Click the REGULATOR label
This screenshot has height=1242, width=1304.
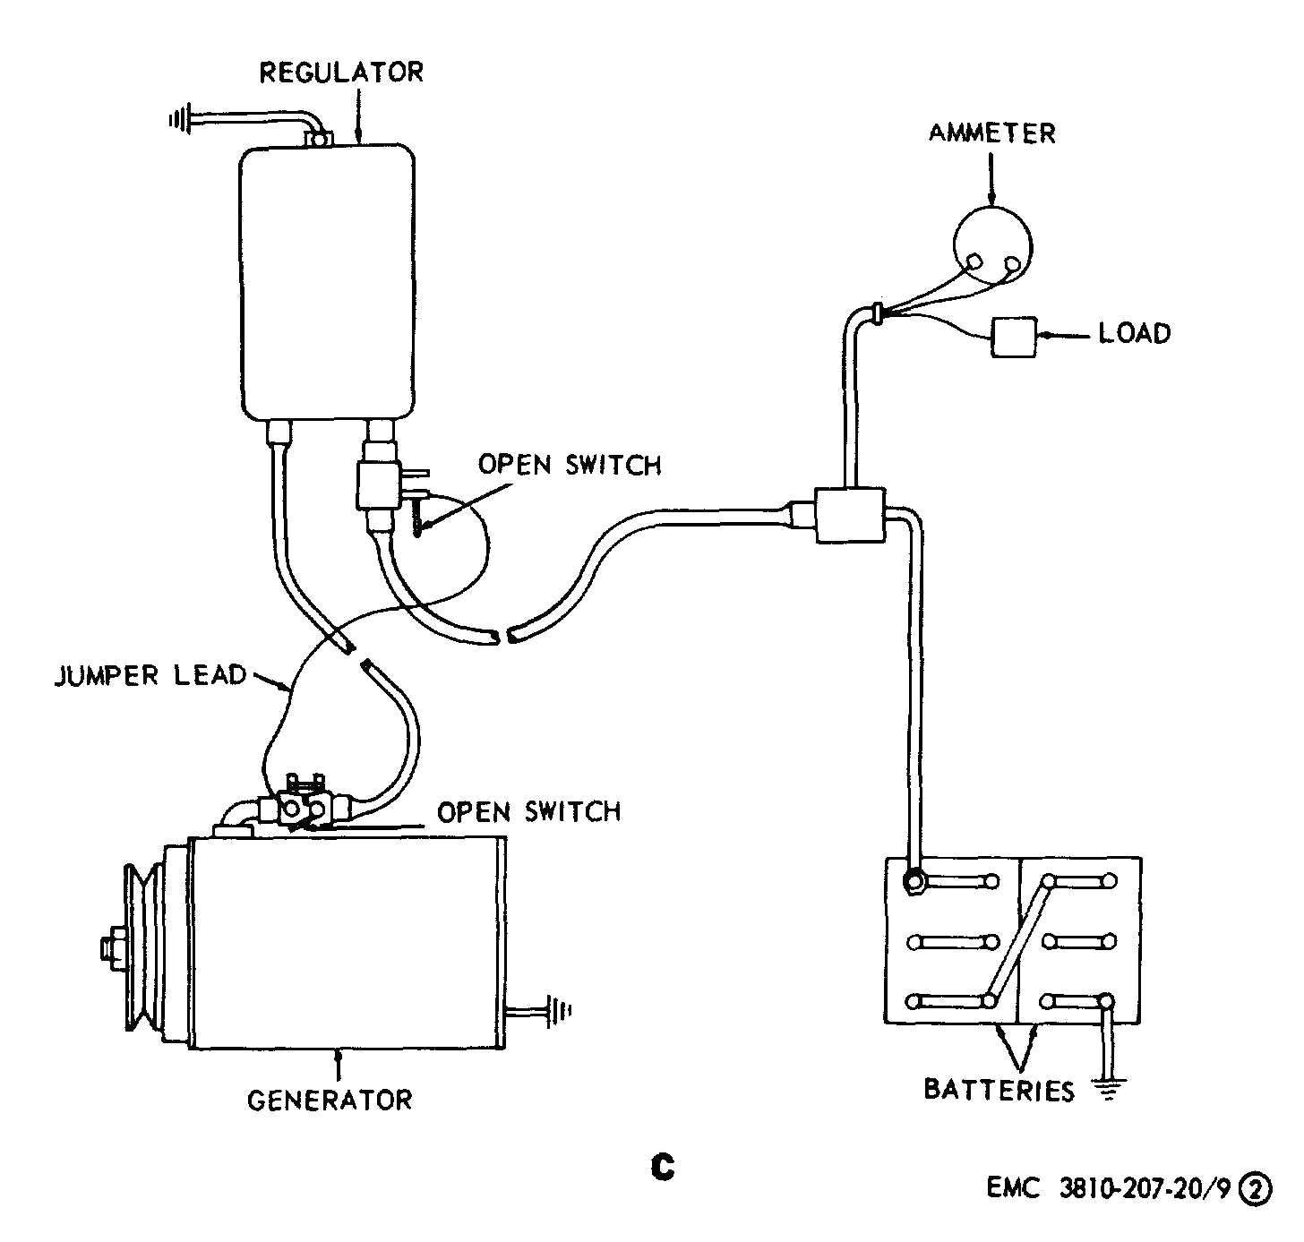point(340,73)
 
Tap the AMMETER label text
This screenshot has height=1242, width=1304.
point(991,134)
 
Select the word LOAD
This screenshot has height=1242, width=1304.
point(1134,334)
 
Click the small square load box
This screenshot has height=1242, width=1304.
point(1013,338)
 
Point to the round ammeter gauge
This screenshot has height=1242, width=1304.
point(991,245)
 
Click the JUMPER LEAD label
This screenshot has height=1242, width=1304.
point(150,675)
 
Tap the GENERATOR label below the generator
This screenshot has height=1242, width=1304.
point(330,1100)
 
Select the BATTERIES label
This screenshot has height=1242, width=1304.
point(999,1090)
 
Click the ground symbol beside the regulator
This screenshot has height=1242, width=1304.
point(181,118)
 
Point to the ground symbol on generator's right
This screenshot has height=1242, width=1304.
point(561,1011)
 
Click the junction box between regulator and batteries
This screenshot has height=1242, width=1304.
point(849,515)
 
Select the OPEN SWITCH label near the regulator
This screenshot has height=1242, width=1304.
point(569,465)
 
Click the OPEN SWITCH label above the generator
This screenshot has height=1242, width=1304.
point(528,811)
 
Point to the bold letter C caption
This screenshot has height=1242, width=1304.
point(663,1167)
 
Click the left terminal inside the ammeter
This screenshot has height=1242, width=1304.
point(974,261)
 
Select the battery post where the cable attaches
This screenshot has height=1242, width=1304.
point(914,882)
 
